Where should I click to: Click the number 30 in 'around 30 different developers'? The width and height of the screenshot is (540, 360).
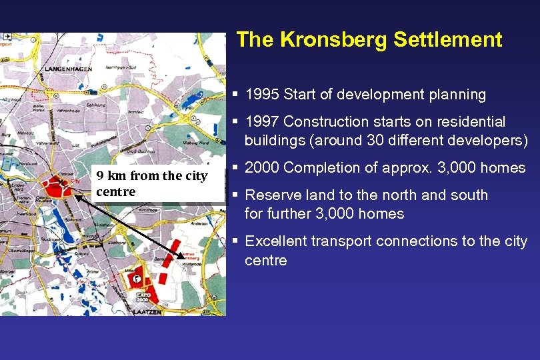377,141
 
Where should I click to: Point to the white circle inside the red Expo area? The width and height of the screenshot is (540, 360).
136,277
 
